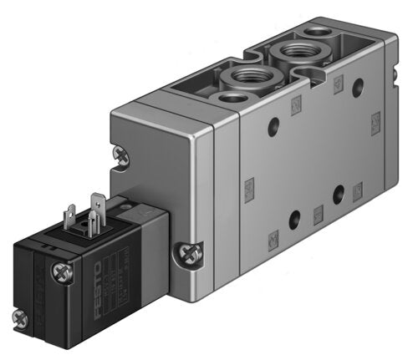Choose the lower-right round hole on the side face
coord(339,194)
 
